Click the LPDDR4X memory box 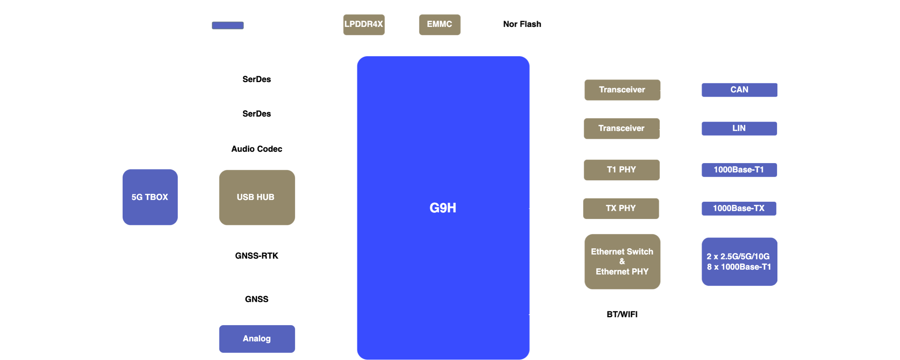(364, 24)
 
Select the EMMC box (439, 24)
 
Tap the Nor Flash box (522, 24)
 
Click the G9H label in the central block (442, 208)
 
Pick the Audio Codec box (256, 149)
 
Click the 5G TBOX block (150, 197)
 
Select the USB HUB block (256, 197)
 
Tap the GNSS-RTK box (256, 256)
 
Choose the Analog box (256, 339)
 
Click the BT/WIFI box (622, 315)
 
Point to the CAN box (739, 90)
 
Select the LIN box (739, 128)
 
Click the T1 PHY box (621, 170)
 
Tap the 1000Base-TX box (739, 208)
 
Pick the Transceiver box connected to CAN (622, 90)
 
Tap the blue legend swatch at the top (228, 25)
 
